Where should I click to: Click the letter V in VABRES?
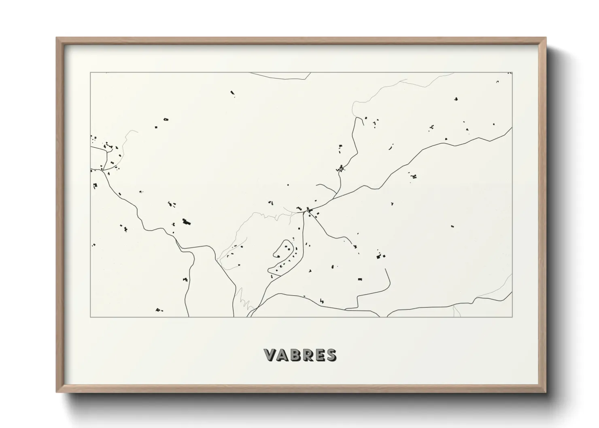(270, 355)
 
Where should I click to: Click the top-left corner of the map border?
(90, 73)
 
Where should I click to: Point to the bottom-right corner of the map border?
(512, 317)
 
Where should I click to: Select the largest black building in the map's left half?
(187, 222)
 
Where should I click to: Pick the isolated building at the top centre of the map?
(233, 94)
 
